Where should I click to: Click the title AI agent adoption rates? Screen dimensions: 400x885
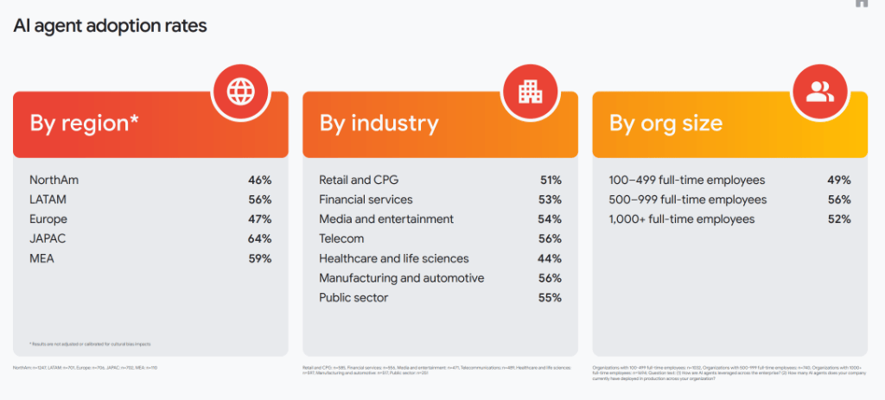click(x=110, y=26)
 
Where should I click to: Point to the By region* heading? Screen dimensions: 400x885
click(x=85, y=124)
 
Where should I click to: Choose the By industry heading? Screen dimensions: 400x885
click(x=379, y=124)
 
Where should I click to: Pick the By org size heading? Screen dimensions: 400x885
click(x=665, y=124)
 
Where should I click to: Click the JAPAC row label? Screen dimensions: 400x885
click(x=48, y=238)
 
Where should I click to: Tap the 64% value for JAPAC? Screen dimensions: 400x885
click(x=259, y=238)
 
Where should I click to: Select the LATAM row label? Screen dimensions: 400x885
click(x=48, y=200)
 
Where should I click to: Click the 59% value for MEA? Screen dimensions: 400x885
click(x=259, y=258)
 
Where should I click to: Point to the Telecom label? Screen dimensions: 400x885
click(x=341, y=238)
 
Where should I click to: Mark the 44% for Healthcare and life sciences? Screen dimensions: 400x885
click(x=550, y=258)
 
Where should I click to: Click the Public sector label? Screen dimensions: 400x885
click(x=353, y=298)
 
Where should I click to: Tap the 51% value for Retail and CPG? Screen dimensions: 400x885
click(x=550, y=181)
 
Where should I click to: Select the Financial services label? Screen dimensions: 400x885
click(x=366, y=200)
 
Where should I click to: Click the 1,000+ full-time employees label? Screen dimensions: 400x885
click(x=682, y=219)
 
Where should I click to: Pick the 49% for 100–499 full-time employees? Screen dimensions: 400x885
click(x=838, y=181)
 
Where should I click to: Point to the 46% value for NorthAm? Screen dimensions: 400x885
click(x=259, y=181)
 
